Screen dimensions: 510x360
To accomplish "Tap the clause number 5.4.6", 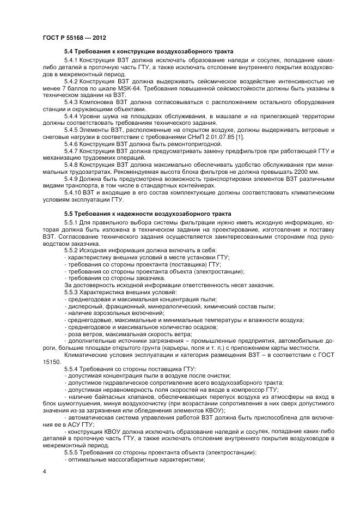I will [x=72, y=144].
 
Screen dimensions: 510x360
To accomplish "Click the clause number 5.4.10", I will [x=74, y=193].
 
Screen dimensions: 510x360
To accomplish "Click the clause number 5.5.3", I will [x=72, y=292].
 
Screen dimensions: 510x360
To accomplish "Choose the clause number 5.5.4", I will [x=72, y=369].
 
